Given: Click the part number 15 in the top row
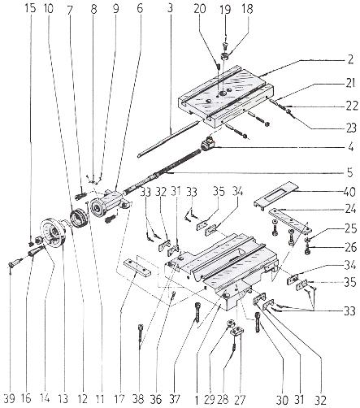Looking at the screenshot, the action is click(x=30, y=8).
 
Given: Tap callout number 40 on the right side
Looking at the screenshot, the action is click(x=349, y=192).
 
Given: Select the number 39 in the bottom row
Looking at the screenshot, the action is click(x=11, y=398).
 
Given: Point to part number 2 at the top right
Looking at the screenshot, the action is click(x=350, y=59).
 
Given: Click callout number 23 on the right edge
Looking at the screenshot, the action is click(x=351, y=128).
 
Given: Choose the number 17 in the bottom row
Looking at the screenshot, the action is click(x=119, y=398).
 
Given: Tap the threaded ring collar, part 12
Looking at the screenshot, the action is click(x=78, y=219).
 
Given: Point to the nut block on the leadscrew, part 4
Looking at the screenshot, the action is click(x=208, y=143).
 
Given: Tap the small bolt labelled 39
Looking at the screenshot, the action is click(x=15, y=263).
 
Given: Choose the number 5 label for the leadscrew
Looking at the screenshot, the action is click(x=350, y=172).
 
